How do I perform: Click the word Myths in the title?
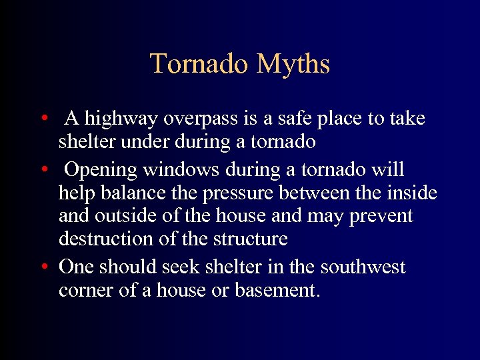(x=293, y=64)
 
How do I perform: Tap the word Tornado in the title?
(x=200, y=64)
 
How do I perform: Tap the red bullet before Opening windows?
(x=43, y=171)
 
